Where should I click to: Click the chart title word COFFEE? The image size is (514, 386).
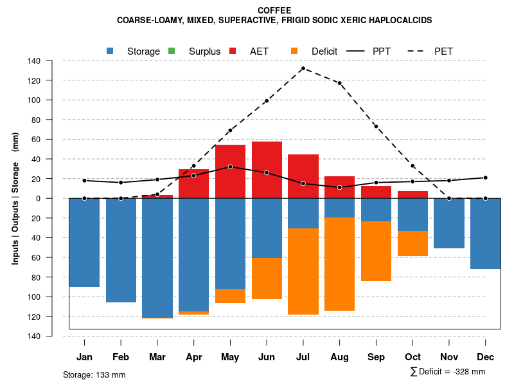(x=274, y=10)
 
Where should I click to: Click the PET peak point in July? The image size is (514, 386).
(x=303, y=68)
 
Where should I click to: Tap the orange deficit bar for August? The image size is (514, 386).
(x=339, y=264)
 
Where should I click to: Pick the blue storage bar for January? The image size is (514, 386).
(x=84, y=243)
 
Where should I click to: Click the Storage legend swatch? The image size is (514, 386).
(x=111, y=51)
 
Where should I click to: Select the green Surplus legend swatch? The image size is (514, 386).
(x=172, y=51)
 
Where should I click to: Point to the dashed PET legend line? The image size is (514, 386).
(x=419, y=51)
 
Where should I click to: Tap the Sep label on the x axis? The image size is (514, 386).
(x=377, y=357)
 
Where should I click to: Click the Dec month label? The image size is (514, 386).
(x=486, y=357)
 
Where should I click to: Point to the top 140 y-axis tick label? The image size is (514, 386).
(x=35, y=61)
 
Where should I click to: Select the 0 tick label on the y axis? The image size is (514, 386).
(x=39, y=198)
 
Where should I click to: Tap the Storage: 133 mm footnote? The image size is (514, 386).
(x=94, y=374)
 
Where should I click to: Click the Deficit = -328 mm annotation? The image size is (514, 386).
(x=448, y=372)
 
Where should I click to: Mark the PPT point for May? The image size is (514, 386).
(x=230, y=167)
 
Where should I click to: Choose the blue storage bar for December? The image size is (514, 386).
(x=486, y=234)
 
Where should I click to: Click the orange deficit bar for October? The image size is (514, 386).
(x=412, y=243)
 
